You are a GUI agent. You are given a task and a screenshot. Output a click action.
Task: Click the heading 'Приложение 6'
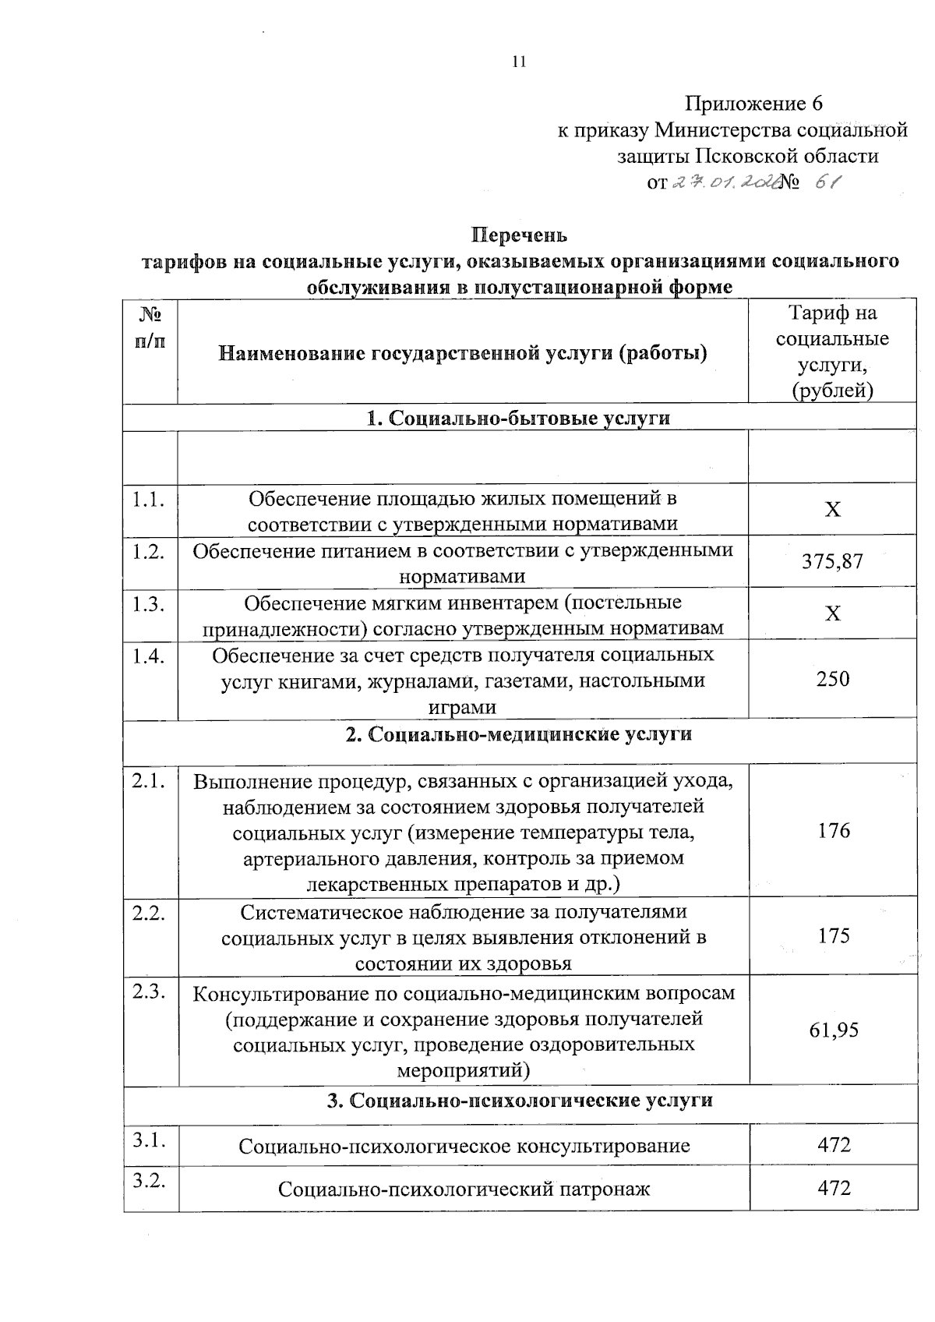click(x=753, y=104)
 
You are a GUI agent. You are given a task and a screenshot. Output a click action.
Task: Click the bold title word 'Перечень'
click(x=520, y=235)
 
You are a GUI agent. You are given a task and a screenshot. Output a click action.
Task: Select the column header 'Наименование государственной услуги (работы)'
click(x=463, y=354)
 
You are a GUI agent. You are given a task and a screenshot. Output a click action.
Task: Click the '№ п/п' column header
click(x=150, y=327)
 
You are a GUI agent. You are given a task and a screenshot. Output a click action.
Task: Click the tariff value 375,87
click(x=833, y=561)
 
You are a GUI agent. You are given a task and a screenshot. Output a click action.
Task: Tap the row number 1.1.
click(x=148, y=500)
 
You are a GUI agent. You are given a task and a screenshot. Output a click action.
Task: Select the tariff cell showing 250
click(x=833, y=679)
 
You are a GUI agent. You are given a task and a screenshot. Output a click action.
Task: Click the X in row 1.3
click(x=833, y=613)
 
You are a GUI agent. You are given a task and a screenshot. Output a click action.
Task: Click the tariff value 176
click(x=834, y=831)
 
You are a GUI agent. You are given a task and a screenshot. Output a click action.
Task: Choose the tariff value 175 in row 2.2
click(x=834, y=935)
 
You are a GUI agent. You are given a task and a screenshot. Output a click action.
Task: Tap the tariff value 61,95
click(x=834, y=1030)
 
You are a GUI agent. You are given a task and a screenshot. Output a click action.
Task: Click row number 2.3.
click(x=148, y=992)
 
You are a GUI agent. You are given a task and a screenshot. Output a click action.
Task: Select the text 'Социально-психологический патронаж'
click(x=464, y=1189)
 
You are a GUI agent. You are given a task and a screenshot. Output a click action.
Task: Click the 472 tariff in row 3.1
click(x=834, y=1145)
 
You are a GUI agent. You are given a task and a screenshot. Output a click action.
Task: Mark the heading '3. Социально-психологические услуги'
click(x=520, y=1101)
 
